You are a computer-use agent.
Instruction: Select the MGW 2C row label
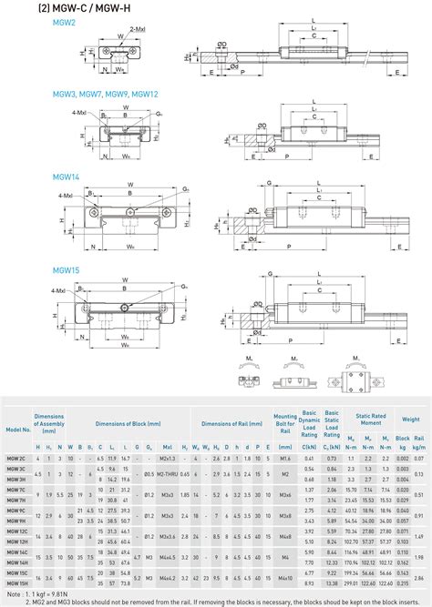(x=16, y=458)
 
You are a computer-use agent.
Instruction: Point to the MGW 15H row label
(x=16, y=583)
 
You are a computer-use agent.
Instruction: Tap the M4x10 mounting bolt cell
(x=284, y=578)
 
